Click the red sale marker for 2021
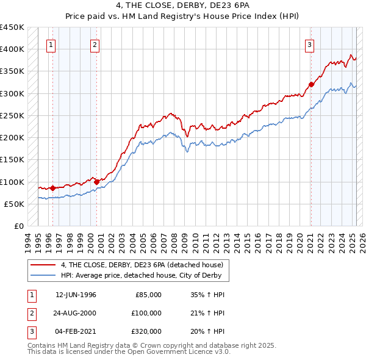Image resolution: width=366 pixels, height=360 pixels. coord(311,84)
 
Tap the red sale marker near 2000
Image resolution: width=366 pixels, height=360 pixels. coord(97,181)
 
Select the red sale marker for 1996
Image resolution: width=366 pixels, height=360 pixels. coord(52,188)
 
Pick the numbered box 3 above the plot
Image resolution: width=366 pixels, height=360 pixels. coord(310,44)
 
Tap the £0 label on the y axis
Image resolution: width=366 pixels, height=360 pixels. coord(18,226)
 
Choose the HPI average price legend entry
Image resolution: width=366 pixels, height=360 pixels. coord(144,275)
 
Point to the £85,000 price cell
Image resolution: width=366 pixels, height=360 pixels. coord(147,295)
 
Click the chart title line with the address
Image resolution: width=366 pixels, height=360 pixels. coord(182,5)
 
